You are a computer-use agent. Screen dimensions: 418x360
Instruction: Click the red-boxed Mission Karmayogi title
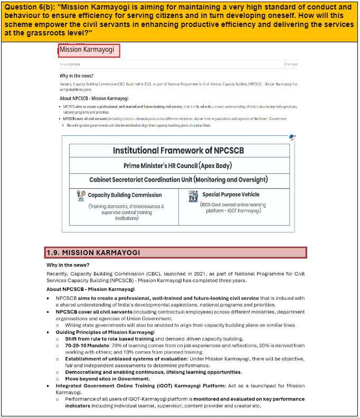coord(89,50)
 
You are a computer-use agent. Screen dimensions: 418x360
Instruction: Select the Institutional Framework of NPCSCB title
coord(178,151)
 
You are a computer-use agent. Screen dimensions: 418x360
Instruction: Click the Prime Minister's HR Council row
coord(178,166)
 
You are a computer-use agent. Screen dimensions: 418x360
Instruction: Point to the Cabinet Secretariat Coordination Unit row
coord(178,180)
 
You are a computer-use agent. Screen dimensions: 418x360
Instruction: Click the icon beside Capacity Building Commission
coord(81,195)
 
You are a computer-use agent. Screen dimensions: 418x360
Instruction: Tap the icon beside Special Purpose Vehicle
coord(193,196)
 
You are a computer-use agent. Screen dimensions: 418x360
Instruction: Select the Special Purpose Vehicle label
coord(231,194)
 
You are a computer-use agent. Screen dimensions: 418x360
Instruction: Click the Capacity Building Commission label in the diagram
coord(125,195)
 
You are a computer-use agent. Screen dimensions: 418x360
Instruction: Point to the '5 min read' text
coord(290,64)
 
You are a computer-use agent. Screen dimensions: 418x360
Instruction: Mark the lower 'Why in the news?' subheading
coord(68,265)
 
